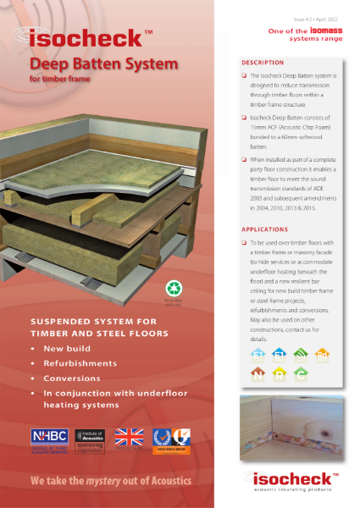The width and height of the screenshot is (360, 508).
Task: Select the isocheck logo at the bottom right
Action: pos(297,479)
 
